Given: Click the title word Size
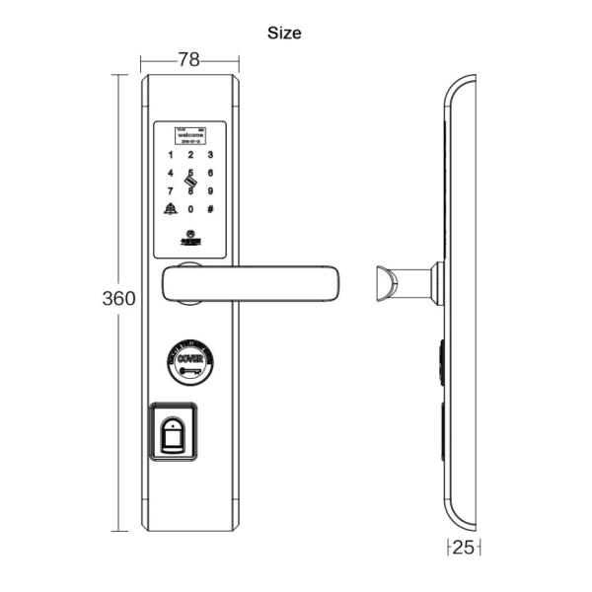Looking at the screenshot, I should [284, 33].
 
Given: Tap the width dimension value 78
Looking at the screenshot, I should [188, 60].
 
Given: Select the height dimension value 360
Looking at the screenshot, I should [119, 299].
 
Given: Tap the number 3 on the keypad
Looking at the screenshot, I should [210, 155].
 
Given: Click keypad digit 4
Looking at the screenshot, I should [171, 173].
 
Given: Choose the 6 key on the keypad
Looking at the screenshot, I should [210, 173].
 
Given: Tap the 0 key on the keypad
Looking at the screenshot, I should [190, 208].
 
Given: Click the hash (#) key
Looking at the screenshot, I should [210, 208].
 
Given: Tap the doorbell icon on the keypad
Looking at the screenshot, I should [170, 208].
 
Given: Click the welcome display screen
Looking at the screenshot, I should [189, 135].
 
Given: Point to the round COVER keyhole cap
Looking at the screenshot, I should [189, 361].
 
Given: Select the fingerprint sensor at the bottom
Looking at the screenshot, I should [176, 435].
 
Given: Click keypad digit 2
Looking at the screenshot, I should [190, 155].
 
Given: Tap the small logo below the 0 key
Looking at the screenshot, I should [190, 234].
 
